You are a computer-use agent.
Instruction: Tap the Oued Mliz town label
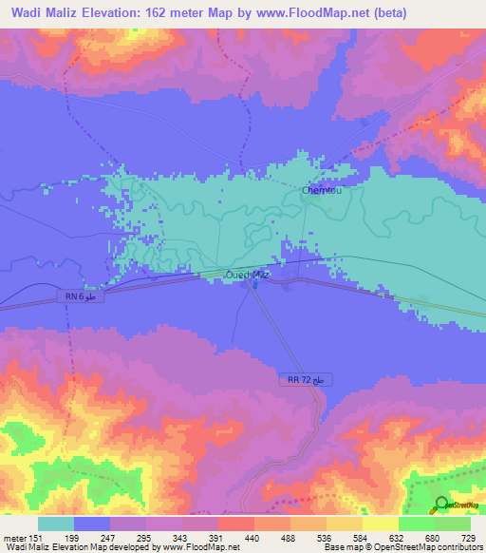[249, 274]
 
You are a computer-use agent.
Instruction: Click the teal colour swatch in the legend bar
[56, 524]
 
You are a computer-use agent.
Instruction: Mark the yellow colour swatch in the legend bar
[380, 524]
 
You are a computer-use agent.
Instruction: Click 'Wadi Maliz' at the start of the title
[45, 12]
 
